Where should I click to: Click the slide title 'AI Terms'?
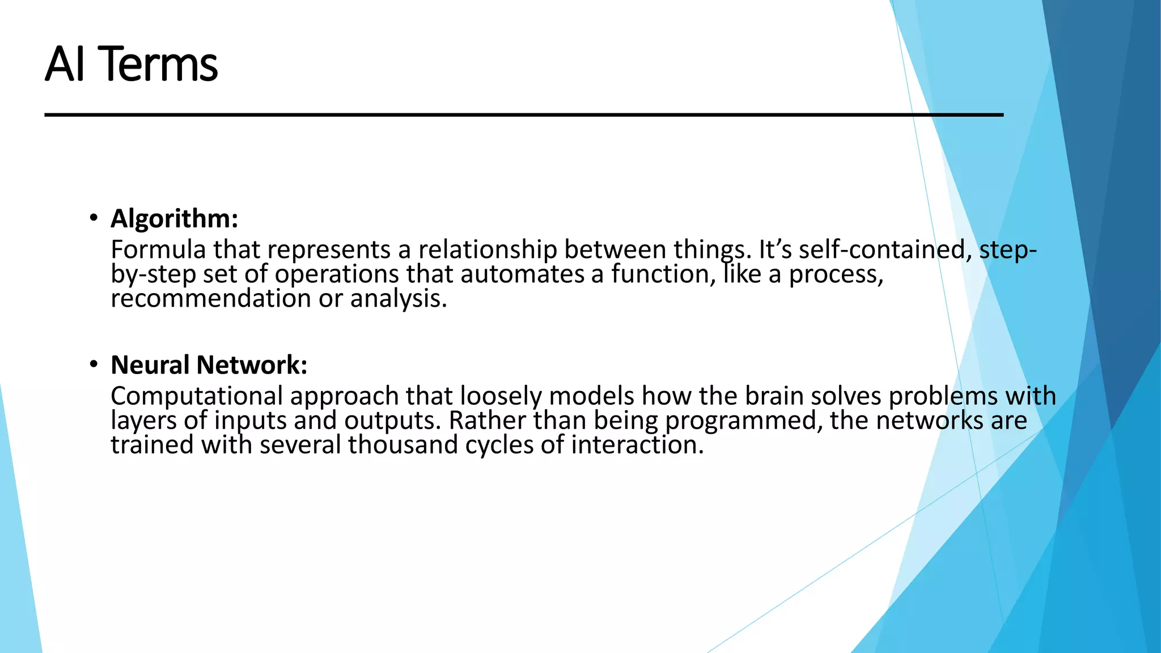(x=131, y=64)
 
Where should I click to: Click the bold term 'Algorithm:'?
(x=174, y=218)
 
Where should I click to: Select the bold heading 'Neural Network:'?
(x=209, y=364)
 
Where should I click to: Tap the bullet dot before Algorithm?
(x=94, y=218)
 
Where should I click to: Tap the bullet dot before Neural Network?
(x=94, y=364)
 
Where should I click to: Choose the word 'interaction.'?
(x=637, y=445)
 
